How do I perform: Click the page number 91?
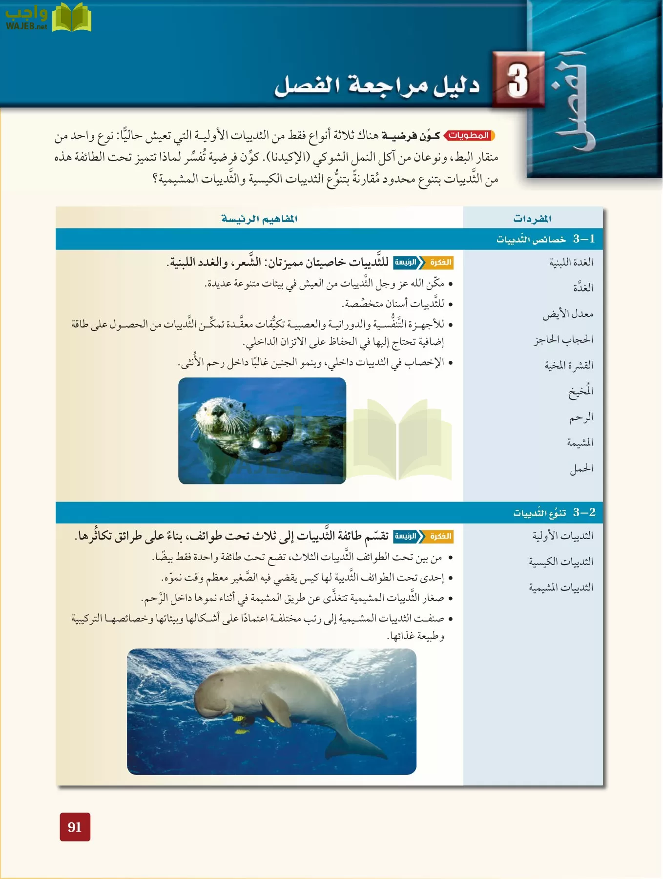point(75,826)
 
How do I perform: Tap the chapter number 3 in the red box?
point(518,80)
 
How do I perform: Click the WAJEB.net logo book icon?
point(71,18)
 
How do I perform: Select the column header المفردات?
point(532,218)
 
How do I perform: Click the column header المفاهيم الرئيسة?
point(259,218)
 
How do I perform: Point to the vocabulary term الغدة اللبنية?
point(571,262)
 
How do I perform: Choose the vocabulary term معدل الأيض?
point(568,314)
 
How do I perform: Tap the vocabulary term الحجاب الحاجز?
point(563,339)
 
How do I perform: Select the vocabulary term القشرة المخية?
point(568,365)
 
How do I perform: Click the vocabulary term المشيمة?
point(580,442)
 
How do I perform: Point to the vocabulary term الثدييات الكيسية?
point(561,562)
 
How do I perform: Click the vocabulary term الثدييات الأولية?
point(562,536)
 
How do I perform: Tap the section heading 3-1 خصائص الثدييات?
point(545,239)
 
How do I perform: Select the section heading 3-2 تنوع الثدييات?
point(554,512)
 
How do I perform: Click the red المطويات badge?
point(469,135)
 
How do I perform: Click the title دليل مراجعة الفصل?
point(376,85)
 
